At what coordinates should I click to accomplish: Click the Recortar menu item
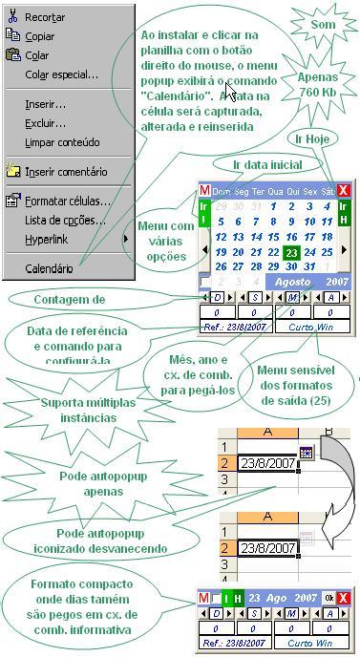click(x=45, y=17)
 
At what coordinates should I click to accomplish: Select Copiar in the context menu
click(x=41, y=36)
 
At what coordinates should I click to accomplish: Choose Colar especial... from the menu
click(x=61, y=74)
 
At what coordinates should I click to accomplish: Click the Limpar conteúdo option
click(x=62, y=142)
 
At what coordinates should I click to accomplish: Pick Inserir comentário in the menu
click(x=66, y=172)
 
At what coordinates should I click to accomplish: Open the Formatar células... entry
click(x=67, y=201)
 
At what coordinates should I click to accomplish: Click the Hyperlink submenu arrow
click(x=125, y=239)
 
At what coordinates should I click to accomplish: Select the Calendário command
click(x=49, y=269)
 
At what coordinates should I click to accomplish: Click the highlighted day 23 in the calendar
click(x=292, y=253)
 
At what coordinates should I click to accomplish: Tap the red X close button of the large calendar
click(x=345, y=191)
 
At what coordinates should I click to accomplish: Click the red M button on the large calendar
click(x=204, y=191)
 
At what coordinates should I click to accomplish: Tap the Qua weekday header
click(x=275, y=192)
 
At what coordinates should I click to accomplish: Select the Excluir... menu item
click(x=46, y=123)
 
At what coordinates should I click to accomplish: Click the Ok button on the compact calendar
click(x=329, y=599)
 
